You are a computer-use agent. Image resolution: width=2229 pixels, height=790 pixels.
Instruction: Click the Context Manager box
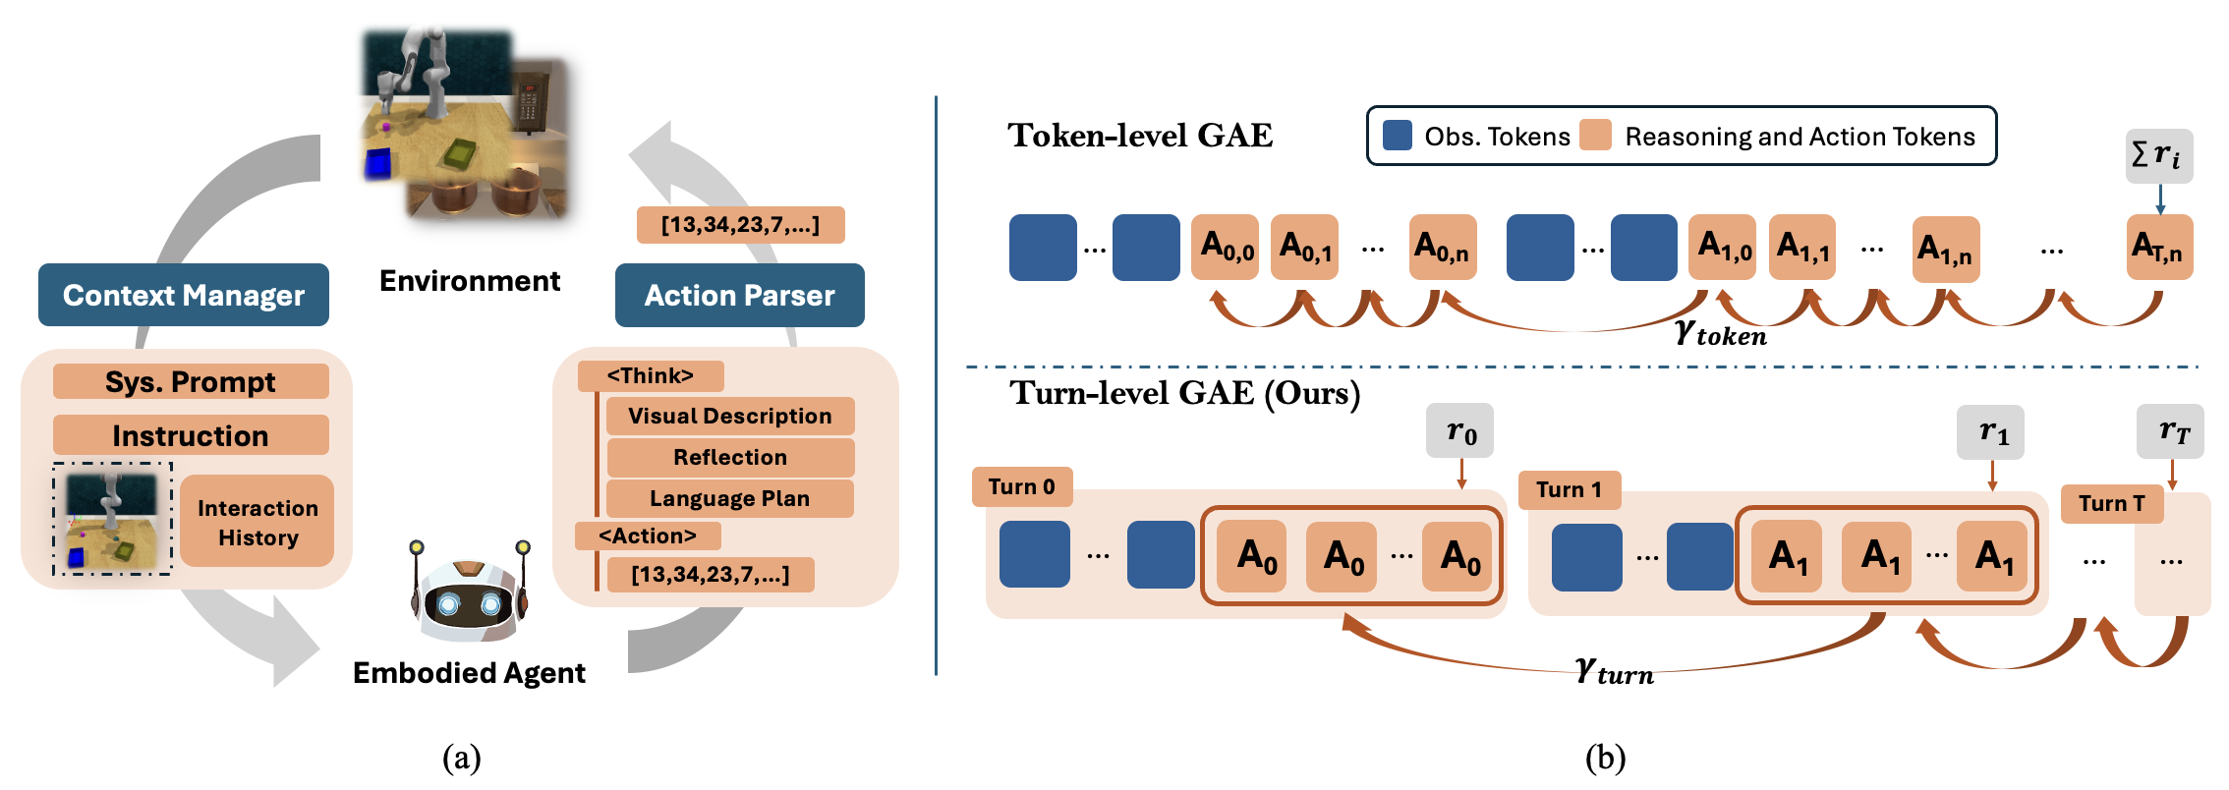tap(184, 295)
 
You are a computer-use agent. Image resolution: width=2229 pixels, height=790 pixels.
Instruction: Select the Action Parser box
tap(739, 295)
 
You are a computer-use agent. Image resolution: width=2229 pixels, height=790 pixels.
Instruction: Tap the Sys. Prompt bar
tap(191, 381)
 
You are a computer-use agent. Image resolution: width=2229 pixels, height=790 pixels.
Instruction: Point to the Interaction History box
tap(257, 522)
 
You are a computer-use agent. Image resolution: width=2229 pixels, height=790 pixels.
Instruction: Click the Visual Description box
tap(729, 416)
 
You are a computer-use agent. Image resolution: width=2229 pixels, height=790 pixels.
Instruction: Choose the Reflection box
tap(729, 457)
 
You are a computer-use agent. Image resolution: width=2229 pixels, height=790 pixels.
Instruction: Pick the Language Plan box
tap(729, 498)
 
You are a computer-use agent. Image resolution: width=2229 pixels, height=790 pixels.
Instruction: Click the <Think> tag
tap(651, 375)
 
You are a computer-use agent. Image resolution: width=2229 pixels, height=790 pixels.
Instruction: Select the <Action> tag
tap(648, 536)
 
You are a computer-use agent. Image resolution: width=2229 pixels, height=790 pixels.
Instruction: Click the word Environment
tap(470, 281)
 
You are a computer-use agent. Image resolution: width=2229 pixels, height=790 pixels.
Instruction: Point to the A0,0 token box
tap(1226, 247)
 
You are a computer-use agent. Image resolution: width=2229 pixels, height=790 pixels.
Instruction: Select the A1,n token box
tap(1945, 249)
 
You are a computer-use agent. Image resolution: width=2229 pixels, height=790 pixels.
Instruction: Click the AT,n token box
tap(2159, 247)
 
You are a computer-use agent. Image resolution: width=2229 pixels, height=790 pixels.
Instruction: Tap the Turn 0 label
tap(1022, 486)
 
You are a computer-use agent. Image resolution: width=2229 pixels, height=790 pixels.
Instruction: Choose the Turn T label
tap(2111, 504)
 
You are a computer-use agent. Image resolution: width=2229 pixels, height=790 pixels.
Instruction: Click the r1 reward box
tap(1992, 432)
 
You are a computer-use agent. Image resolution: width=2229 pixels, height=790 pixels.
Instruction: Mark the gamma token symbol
tap(1720, 334)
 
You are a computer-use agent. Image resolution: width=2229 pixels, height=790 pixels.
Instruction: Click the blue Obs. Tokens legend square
tap(1397, 136)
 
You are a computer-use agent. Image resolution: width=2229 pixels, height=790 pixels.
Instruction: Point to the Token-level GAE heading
tap(1140, 136)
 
